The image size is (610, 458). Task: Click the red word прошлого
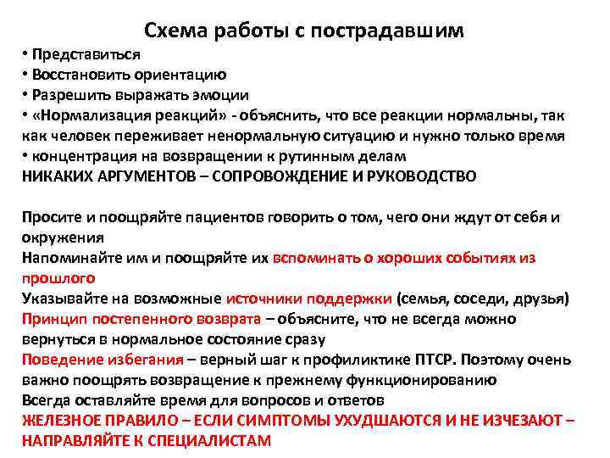pos(58,278)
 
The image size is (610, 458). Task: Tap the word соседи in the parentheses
pos(479,299)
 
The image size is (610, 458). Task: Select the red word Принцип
pos(50,319)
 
